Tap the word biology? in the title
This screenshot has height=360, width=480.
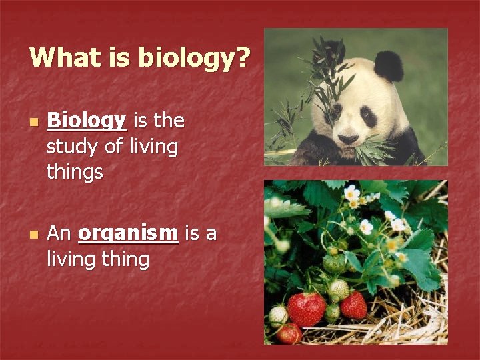point(194,59)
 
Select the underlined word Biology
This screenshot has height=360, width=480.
point(87,121)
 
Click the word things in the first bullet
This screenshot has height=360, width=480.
point(75,171)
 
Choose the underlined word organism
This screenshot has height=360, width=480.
point(128,233)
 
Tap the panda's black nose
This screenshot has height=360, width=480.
point(349,139)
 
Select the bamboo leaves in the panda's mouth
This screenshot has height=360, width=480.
point(373,150)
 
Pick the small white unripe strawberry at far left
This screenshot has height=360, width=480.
point(277,316)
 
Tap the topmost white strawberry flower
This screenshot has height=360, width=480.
point(351,193)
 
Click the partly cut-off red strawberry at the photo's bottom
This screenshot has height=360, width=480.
point(289,334)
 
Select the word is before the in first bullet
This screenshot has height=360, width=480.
point(141,121)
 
